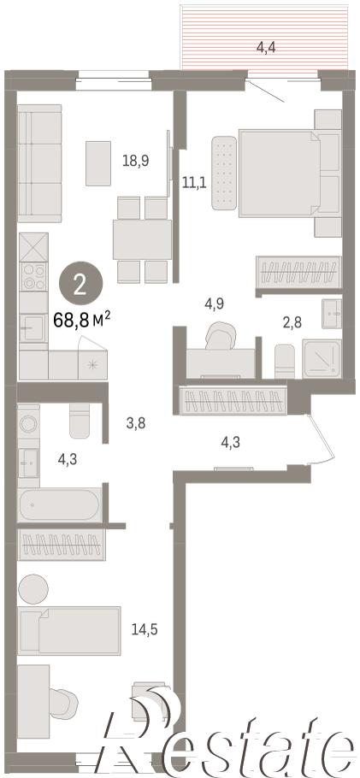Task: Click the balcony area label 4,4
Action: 266,48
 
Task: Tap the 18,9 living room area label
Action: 136,160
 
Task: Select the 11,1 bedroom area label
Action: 194,182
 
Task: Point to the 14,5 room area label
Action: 145,629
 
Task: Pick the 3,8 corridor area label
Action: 135,424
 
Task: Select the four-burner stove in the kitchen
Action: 33,276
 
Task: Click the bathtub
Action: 60,505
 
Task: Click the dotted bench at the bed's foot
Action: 224,173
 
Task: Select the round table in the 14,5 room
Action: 33,589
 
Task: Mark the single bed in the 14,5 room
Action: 69,630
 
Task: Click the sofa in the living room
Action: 39,163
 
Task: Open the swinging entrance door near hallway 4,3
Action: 322,440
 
